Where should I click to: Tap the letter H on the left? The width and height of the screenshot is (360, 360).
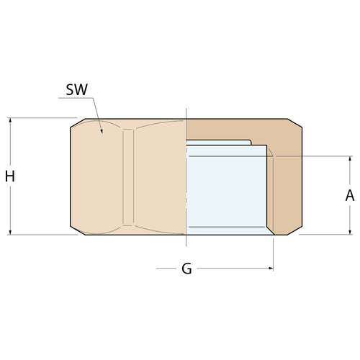(x=9, y=176)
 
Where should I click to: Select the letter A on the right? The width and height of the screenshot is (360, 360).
(x=350, y=194)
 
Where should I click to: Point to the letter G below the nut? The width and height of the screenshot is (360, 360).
(x=186, y=269)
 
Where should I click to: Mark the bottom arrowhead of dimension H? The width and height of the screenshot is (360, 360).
(x=10, y=230)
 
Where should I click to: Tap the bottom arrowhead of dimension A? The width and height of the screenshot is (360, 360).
(x=350, y=230)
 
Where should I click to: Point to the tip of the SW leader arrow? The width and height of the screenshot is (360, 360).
(x=103, y=132)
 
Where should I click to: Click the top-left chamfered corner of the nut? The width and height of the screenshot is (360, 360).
(x=76, y=124)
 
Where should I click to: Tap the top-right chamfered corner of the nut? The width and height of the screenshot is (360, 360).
(x=297, y=124)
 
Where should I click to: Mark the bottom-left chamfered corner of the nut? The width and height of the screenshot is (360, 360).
(x=76, y=229)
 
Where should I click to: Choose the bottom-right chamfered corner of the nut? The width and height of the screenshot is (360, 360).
(x=297, y=229)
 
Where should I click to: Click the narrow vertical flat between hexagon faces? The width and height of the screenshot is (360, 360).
(x=128, y=176)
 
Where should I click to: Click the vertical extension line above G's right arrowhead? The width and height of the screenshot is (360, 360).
(x=274, y=252)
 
